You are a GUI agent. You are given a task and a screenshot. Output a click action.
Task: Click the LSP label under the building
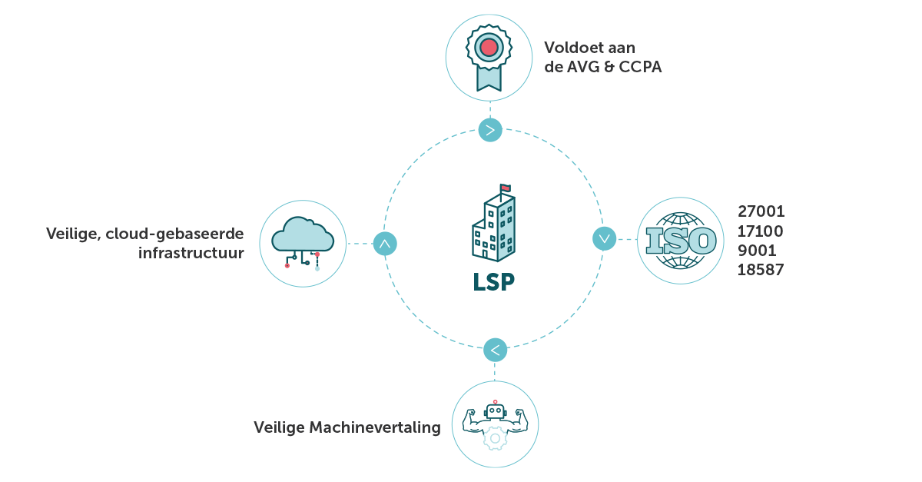pyautogui.click(x=493, y=281)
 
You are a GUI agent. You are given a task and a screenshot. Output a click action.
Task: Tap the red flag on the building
pyautogui.click(x=505, y=188)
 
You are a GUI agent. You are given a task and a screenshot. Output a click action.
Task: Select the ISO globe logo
pyautogui.click(x=682, y=241)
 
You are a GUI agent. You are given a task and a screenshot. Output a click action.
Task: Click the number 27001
pyautogui.click(x=761, y=211)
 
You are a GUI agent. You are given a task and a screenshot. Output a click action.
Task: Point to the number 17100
pyautogui.click(x=761, y=231)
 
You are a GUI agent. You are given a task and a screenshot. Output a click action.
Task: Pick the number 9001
pyautogui.click(x=757, y=251)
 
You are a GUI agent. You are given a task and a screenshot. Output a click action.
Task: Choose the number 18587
pyautogui.click(x=761, y=270)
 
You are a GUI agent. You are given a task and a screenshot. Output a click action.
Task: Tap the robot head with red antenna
pyautogui.click(x=495, y=411)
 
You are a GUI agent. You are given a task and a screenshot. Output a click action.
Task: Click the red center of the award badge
pyautogui.click(x=489, y=48)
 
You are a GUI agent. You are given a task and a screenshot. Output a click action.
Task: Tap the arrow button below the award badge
pyautogui.click(x=490, y=130)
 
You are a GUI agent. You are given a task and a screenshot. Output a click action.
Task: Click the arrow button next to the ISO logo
pyautogui.click(x=605, y=238)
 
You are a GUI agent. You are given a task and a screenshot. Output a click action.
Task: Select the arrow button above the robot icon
pyautogui.click(x=496, y=350)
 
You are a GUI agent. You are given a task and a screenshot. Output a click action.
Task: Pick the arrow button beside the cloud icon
pyautogui.click(x=384, y=244)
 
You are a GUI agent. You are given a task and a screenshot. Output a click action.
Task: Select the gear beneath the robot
pyautogui.click(x=495, y=439)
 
